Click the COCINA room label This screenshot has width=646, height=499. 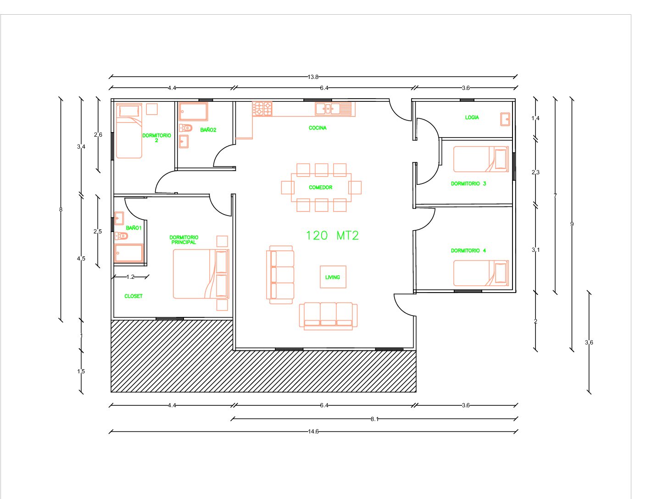point(317,128)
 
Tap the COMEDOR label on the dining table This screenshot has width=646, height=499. point(320,187)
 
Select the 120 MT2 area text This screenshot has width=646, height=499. point(332,235)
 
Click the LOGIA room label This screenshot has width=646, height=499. point(472,117)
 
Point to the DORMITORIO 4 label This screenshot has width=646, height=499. point(468,250)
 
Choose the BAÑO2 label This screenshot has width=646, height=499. point(208,130)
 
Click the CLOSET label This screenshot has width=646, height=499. point(133,296)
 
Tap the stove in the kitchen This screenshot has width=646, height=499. point(262,109)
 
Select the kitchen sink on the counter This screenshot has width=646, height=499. point(333,109)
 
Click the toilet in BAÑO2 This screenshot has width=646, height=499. point(185,128)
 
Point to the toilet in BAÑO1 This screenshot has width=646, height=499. point(121,236)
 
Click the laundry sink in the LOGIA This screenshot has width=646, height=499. point(505,119)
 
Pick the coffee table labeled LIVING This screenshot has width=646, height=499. point(333,277)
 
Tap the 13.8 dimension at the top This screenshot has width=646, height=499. point(313,77)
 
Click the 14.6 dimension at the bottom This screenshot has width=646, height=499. point(313,431)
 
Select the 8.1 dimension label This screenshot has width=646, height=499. point(374,419)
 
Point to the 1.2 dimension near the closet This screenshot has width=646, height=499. point(130,277)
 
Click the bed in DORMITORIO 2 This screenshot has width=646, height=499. point(129,131)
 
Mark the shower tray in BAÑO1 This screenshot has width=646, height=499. point(129,253)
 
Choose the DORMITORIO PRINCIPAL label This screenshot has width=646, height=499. point(184,239)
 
